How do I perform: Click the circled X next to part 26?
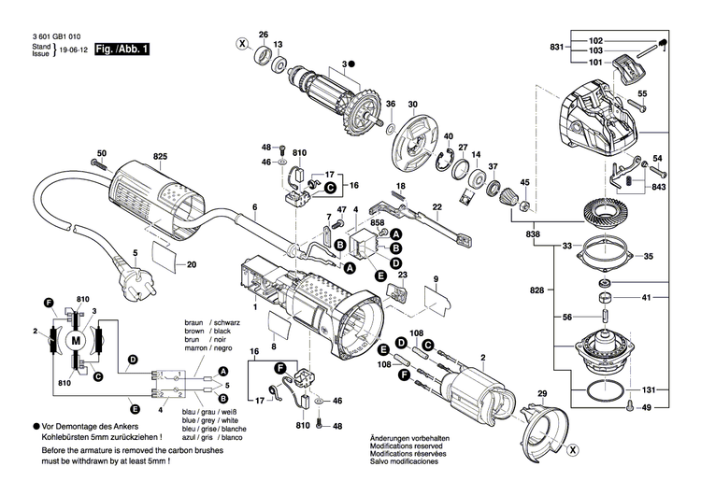[242, 44]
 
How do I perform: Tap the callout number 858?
[378, 224]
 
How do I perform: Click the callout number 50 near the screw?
[102, 152]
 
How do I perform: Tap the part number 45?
[525, 181]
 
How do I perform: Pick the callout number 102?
[596, 40]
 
